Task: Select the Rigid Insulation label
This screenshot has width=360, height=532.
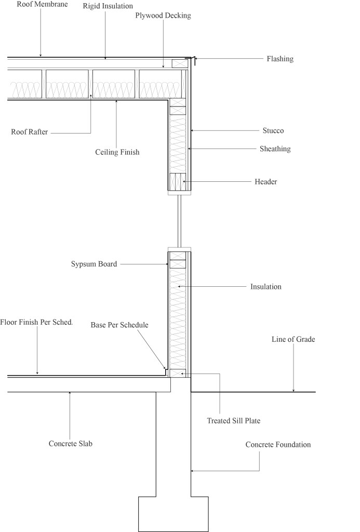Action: (x=108, y=6)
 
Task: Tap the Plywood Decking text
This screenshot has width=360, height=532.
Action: (x=163, y=16)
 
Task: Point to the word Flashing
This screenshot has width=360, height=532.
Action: (x=280, y=59)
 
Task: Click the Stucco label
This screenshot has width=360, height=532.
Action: (x=273, y=130)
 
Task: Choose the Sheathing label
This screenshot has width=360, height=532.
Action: (x=275, y=149)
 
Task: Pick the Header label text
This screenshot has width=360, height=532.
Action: (x=265, y=182)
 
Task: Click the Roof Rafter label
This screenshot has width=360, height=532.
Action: (x=30, y=132)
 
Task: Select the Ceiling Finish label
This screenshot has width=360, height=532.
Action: (x=117, y=152)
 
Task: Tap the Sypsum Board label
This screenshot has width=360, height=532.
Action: (x=94, y=264)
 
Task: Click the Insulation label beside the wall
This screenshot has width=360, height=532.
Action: (x=265, y=287)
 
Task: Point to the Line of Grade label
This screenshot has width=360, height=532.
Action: (x=293, y=340)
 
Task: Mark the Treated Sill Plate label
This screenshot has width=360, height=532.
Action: (x=233, y=421)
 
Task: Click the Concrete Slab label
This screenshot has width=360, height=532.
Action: (x=70, y=444)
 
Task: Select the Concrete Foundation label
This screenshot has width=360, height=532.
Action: (x=278, y=445)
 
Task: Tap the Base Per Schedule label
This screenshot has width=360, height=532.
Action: (x=119, y=325)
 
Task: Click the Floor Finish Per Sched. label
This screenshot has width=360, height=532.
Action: (x=36, y=322)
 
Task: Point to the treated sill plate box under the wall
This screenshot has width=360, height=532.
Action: (x=178, y=373)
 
